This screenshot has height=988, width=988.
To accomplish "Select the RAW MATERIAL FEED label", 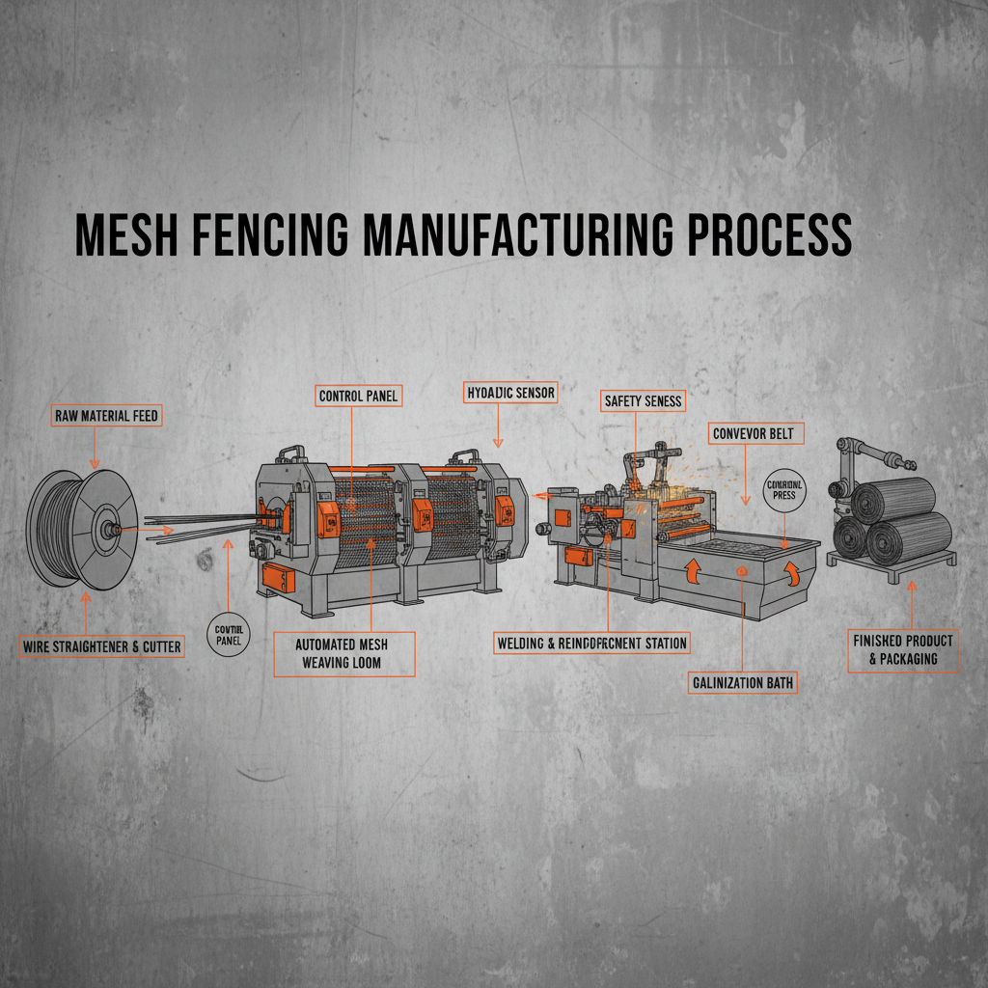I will pos(105,417).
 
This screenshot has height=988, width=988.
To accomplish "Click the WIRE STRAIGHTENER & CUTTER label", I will pos(101,646).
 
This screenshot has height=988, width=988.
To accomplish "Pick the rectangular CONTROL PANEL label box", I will pos(358,396).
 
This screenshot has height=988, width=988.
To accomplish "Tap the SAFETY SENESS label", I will pos(642,400).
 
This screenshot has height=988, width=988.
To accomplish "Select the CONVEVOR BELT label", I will pos(753,433).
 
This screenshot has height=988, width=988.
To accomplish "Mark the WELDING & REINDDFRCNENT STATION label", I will pos(591,642).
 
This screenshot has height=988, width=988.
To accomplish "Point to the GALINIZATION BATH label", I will pos(742,683).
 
